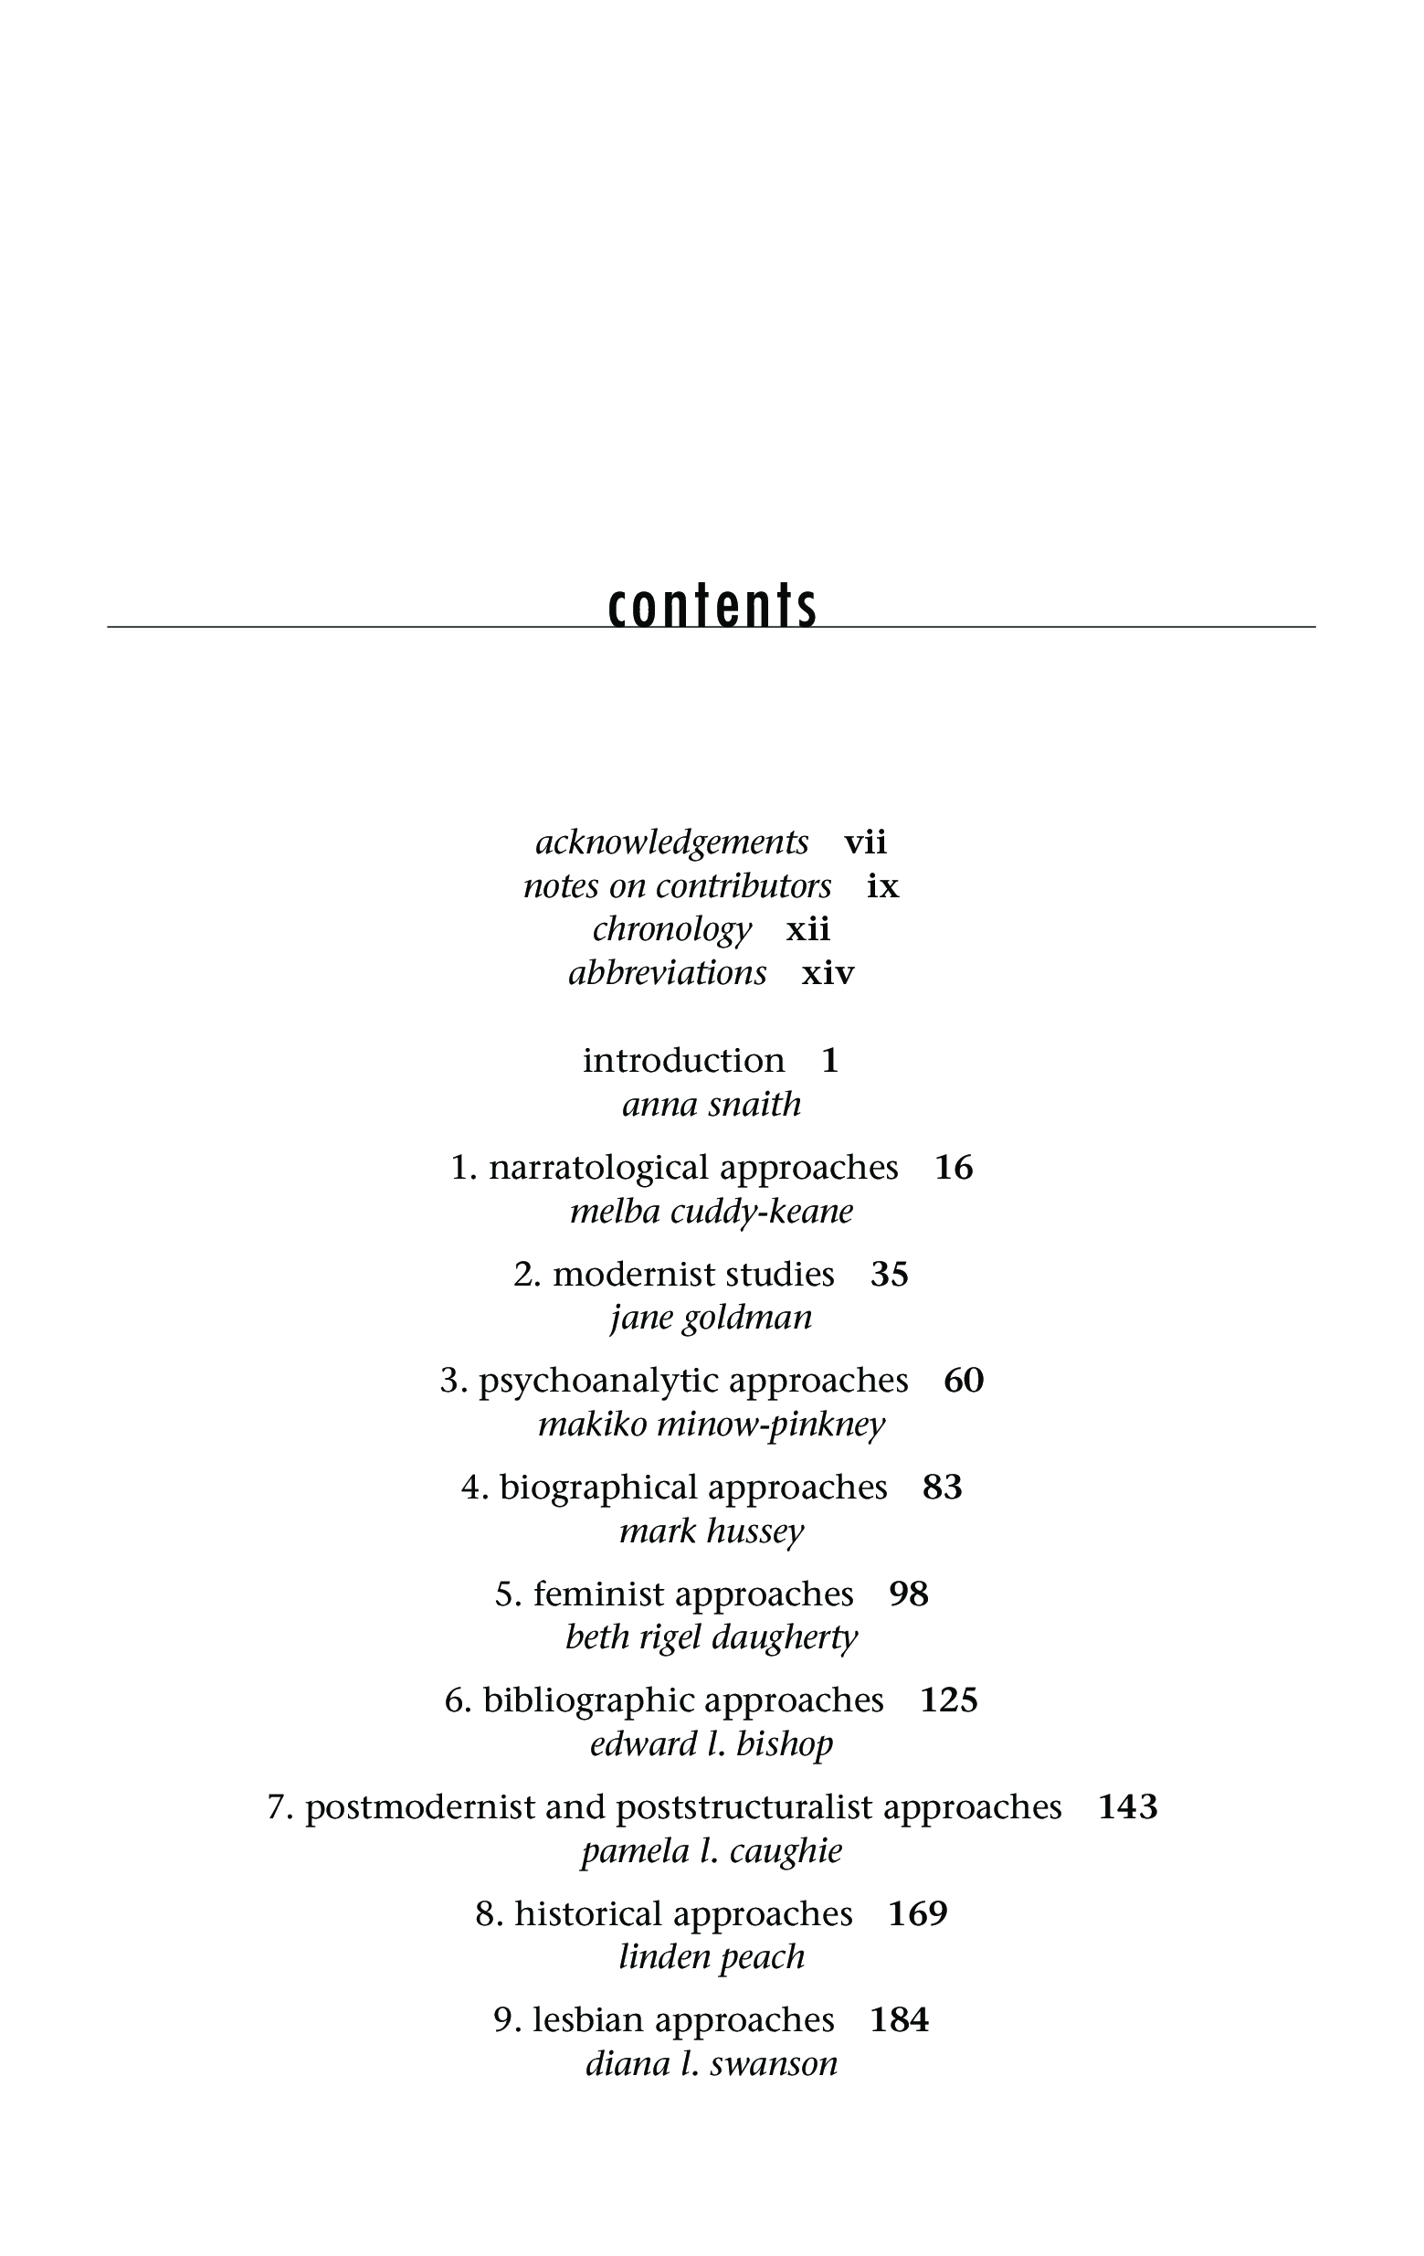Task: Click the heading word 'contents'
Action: click(x=712, y=606)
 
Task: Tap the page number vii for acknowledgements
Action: click(x=865, y=842)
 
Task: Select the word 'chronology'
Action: click(x=671, y=929)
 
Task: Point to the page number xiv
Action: click(x=828, y=973)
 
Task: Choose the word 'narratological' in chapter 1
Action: click(x=599, y=1168)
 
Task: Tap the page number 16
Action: click(x=954, y=1168)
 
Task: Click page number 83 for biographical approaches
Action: click(x=943, y=1488)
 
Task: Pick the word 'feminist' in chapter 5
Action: click(x=598, y=1594)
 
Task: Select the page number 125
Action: click(x=949, y=1700)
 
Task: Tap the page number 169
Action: click(x=918, y=1914)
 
